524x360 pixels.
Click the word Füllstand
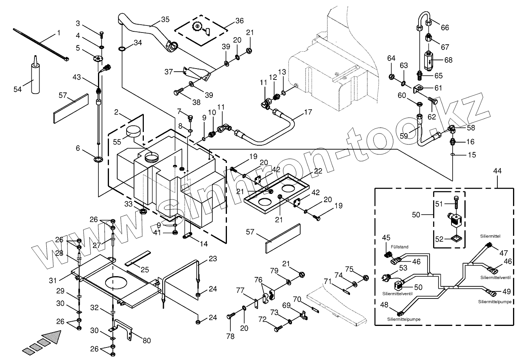400,247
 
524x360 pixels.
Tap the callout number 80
147,340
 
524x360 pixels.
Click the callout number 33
129,204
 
